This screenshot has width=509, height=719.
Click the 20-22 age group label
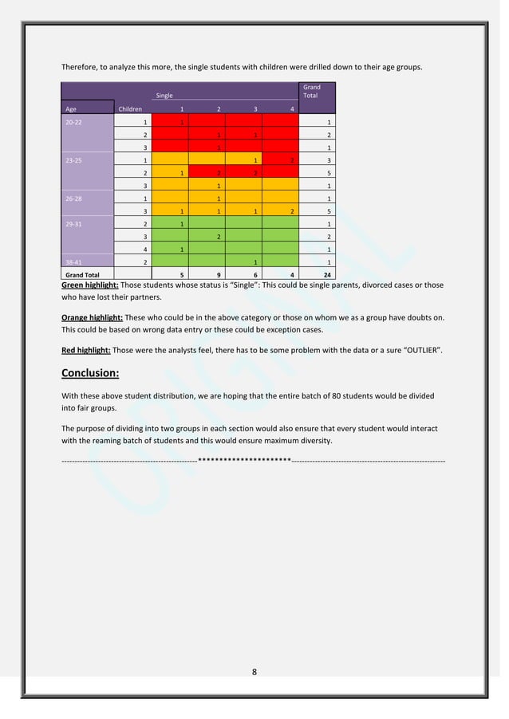point(73,123)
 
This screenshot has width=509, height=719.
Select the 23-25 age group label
point(73,160)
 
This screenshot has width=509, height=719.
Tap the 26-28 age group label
point(73,198)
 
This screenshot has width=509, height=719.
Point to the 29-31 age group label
point(73,224)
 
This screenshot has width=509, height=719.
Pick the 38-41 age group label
point(73,262)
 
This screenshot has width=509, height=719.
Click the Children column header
point(130,108)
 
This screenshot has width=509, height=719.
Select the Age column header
point(71,108)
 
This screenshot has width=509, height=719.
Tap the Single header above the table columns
point(164,96)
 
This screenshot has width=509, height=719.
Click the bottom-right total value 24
point(327,275)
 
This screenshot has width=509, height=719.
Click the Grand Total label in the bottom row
point(82,275)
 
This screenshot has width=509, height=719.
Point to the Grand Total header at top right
point(311,91)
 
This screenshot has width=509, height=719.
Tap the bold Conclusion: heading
point(90,373)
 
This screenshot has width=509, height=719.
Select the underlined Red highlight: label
point(86,350)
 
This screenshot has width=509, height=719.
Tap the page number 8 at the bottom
point(254,672)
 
